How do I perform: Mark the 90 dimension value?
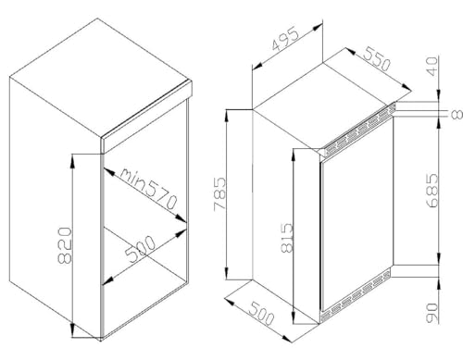click(x=432, y=313)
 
